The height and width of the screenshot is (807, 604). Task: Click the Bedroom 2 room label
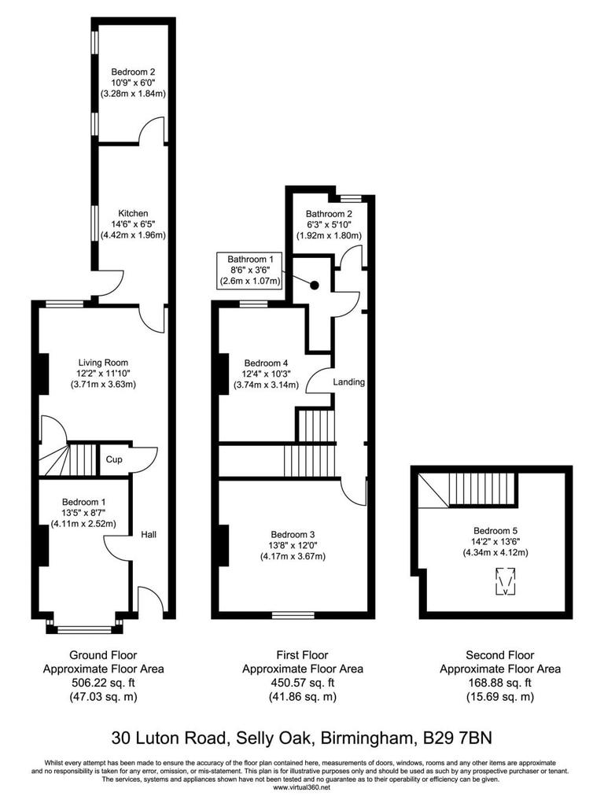point(132,68)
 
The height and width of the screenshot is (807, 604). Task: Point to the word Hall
point(149,535)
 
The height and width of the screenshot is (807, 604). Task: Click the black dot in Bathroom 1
point(314,286)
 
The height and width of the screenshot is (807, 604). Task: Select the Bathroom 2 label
point(329,214)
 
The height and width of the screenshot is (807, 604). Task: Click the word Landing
point(349,382)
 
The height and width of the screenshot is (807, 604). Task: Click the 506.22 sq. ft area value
point(103,683)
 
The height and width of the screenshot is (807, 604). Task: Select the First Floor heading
point(302,654)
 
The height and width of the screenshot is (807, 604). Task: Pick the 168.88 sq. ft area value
point(500,683)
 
